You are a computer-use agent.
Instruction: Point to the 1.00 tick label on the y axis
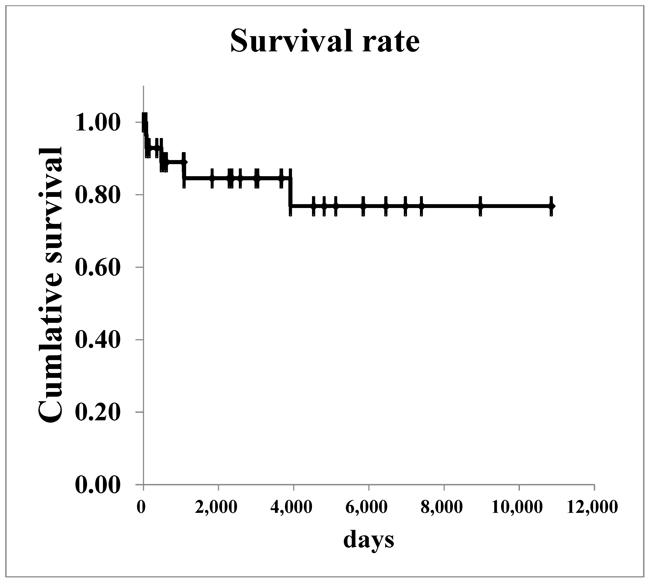(x=98, y=123)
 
